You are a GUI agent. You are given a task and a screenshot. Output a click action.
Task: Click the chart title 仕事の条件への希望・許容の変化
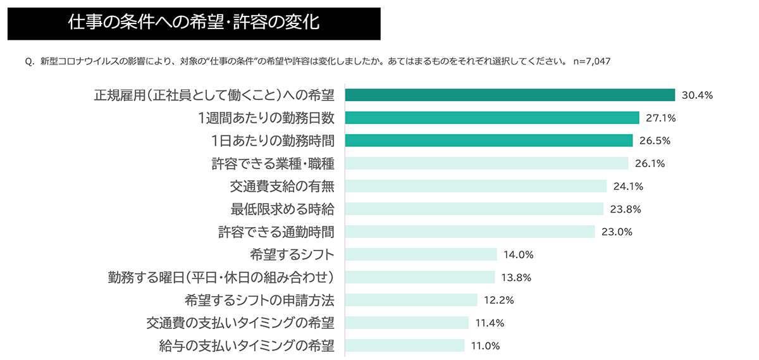point(194,23)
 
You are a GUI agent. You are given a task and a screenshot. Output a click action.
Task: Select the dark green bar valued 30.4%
point(510,95)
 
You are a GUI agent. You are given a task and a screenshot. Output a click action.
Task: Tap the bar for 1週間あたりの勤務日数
point(493,118)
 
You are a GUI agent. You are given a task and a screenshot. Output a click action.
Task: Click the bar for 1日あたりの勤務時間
point(489,140)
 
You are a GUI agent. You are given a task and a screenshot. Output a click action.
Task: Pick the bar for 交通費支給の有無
point(476,186)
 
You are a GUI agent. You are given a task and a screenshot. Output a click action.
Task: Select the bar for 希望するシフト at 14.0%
point(421,254)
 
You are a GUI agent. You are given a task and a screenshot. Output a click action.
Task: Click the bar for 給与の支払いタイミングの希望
point(405,345)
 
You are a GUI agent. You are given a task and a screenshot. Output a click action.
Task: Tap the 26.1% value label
point(650,163)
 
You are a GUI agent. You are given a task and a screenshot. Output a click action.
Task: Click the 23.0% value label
point(617,232)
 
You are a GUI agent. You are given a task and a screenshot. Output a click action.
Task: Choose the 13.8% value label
point(515,277)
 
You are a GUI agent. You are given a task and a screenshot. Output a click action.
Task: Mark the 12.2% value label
point(498,300)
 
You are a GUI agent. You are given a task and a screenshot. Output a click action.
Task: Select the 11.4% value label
point(490,323)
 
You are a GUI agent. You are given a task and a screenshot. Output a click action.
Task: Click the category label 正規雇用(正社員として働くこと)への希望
point(214,95)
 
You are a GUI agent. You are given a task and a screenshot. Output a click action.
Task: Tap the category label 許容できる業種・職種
point(273,163)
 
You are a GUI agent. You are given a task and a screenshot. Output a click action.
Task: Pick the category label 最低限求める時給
point(283,209)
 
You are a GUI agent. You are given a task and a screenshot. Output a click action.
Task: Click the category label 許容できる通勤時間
point(276,232)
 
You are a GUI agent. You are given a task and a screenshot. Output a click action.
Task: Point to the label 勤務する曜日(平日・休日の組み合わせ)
point(221,277)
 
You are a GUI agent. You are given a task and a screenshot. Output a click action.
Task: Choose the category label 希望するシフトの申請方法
point(259,300)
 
